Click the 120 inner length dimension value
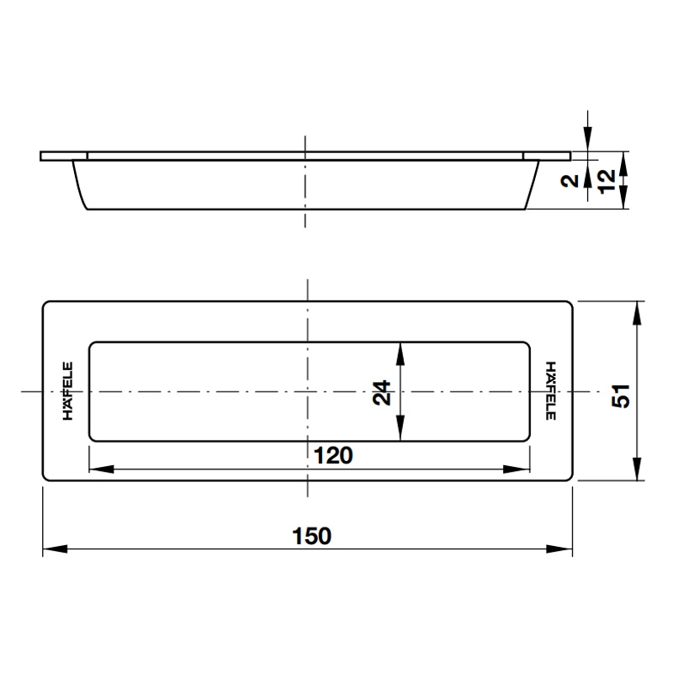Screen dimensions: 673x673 pyautogui.click(x=331, y=455)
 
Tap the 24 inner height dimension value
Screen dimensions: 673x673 pyautogui.click(x=382, y=391)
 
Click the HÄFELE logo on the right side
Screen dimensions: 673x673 pyautogui.click(x=550, y=391)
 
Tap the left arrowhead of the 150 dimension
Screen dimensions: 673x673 pyautogui.click(x=53, y=549)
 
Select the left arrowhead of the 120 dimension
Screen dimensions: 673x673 pyautogui.click(x=100, y=470)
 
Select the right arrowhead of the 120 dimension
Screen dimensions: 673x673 pyautogui.click(x=520, y=470)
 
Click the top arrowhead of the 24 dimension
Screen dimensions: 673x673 pyautogui.click(x=400, y=352)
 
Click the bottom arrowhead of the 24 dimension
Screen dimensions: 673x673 pyautogui.click(x=400, y=430)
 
